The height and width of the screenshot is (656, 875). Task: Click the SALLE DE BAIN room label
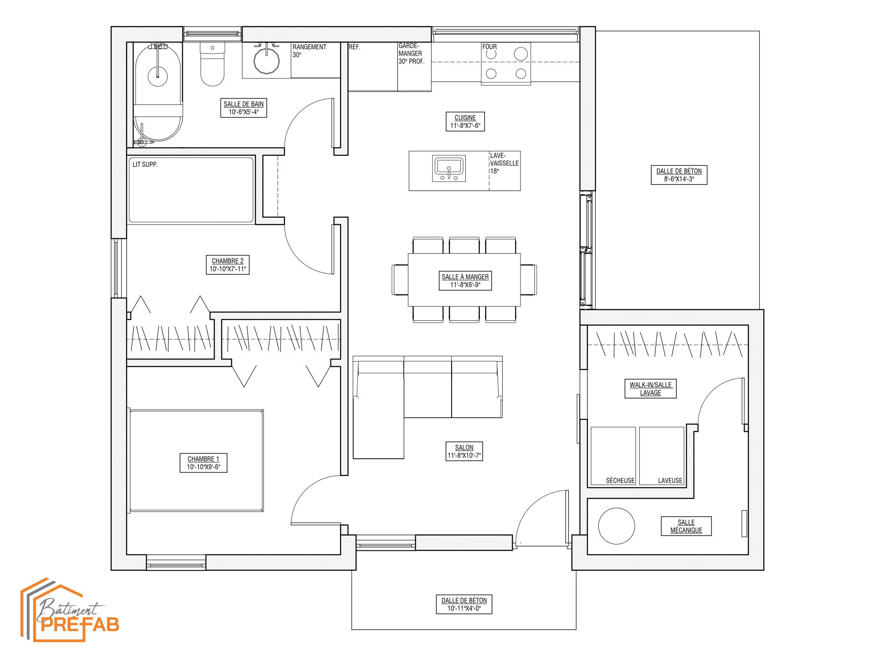244,108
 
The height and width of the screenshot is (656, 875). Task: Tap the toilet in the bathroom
212,64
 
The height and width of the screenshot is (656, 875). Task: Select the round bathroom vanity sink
266,61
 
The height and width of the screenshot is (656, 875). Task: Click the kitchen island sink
449,169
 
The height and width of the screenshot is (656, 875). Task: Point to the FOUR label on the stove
489,46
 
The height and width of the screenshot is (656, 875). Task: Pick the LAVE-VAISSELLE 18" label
504,163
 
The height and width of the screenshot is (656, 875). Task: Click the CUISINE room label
465,122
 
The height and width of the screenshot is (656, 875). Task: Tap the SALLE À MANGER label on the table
465,281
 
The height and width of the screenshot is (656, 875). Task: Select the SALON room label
464,451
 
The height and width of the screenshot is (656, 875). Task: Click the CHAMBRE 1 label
204,463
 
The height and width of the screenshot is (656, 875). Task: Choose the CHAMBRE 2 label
227,265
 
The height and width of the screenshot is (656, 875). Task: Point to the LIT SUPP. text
145,164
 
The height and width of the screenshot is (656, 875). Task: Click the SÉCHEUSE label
620,480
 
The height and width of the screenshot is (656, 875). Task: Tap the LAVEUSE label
670,480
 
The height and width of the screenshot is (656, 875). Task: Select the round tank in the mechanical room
617,526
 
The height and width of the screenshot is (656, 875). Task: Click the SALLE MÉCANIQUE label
686,526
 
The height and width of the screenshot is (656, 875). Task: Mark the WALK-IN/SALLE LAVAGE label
650,389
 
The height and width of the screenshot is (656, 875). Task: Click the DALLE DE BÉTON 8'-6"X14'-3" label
679,175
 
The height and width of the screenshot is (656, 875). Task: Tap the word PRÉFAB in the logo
80,624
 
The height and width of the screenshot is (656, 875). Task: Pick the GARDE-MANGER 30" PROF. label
411,53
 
